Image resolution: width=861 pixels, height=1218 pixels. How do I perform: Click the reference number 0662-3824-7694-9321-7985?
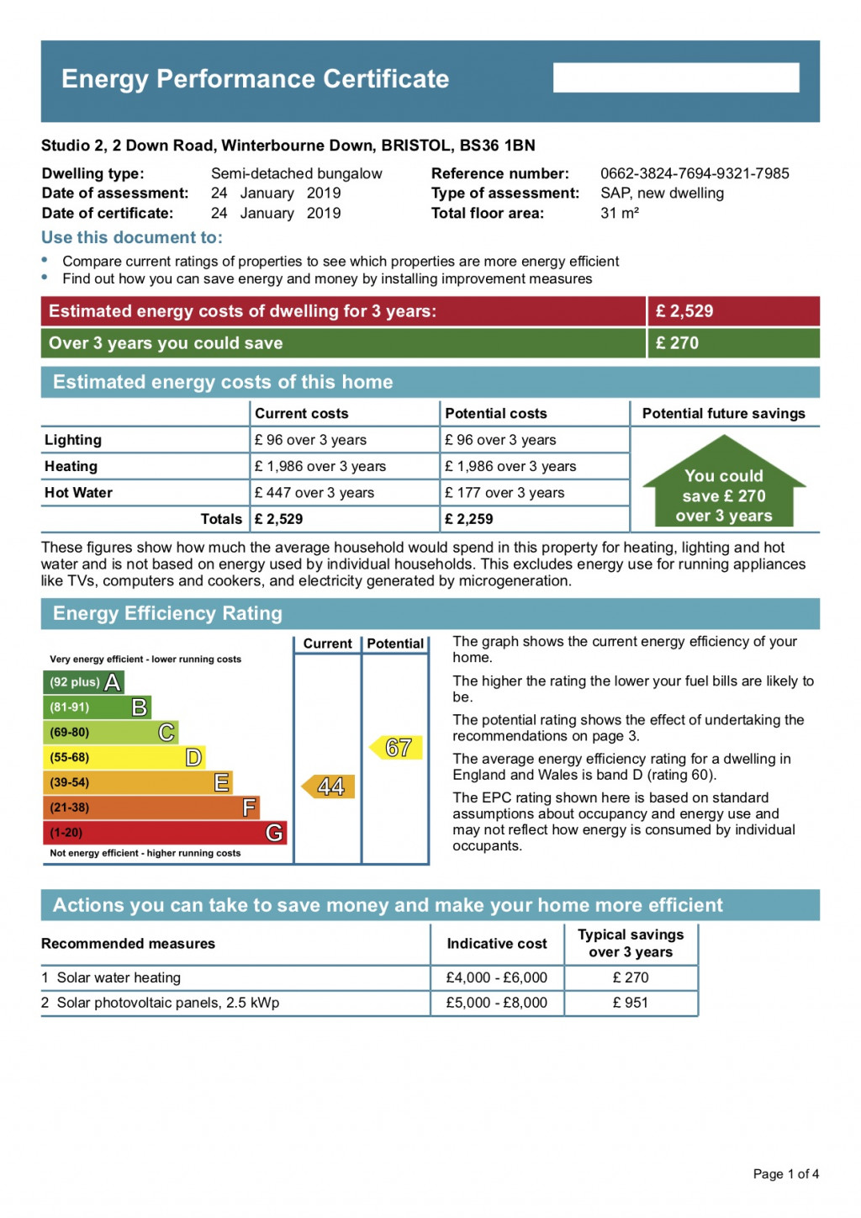coord(695,173)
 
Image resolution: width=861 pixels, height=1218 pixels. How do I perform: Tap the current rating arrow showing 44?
coord(329,786)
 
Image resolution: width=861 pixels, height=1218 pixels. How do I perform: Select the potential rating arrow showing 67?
coord(396,747)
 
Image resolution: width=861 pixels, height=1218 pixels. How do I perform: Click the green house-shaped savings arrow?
coord(724,484)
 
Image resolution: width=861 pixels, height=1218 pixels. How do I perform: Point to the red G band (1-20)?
coord(164,833)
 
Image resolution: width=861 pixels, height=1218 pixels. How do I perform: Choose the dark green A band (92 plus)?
coord(83,682)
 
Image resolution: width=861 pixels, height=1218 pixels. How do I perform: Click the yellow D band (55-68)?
coord(124,757)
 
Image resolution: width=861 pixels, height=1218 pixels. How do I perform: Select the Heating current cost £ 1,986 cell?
coord(320,466)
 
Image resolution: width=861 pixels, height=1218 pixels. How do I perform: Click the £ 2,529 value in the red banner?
coord(684,311)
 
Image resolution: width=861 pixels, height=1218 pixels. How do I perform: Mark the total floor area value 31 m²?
coord(620,214)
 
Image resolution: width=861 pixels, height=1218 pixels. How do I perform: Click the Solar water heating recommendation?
coord(119,977)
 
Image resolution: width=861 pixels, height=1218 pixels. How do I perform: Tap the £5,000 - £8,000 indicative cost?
coord(496,1003)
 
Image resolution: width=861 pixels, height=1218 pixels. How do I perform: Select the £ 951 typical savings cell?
coord(631,1003)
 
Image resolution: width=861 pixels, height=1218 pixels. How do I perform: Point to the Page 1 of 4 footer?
coord(785,1173)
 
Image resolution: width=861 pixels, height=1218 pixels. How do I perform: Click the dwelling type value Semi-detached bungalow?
coord(296,173)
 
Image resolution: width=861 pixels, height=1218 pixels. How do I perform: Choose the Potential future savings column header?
coord(723,413)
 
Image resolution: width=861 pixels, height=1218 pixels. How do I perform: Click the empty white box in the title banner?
coord(676,77)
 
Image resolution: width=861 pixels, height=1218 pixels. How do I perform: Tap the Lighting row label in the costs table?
coord(73,440)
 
